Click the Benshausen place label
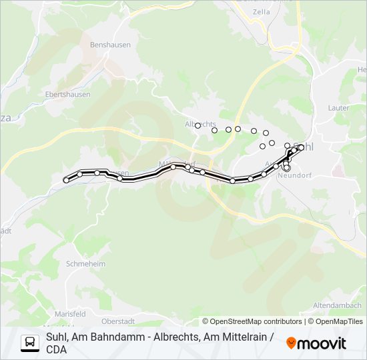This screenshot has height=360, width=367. pos(110,45)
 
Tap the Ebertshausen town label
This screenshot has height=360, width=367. pos(67,95)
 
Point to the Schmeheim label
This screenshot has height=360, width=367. pos(87,264)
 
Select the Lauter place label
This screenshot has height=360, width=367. pos(338,107)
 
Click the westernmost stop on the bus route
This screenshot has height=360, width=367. pos(66,180)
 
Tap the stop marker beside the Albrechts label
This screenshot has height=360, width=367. pos(198,125)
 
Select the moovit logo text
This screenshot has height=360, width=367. pos(322,343)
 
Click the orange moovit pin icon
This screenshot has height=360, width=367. pos(291,343)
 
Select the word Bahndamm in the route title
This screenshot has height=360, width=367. pos(101,337)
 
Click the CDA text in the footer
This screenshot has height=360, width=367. pos(56,349)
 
